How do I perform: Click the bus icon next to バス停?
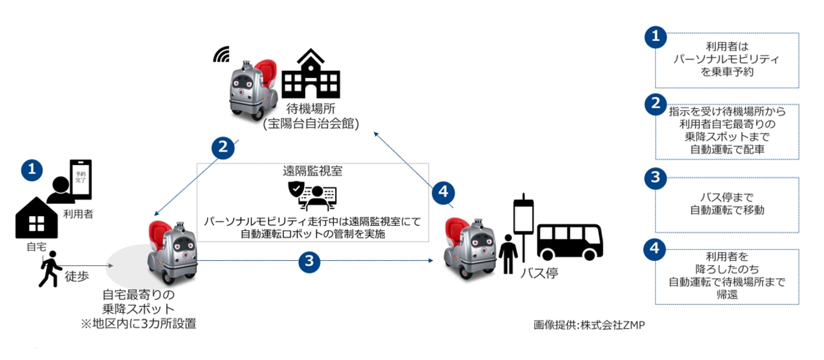click(569, 242)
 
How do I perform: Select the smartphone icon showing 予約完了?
click(81, 180)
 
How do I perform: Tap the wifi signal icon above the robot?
click(221, 54)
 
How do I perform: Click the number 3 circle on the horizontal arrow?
click(310, 260)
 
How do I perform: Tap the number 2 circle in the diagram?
click(223, 148)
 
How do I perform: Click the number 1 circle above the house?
click(32, 169)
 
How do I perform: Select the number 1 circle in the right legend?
click(654, 37)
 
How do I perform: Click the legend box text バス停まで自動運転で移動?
click(727, 203)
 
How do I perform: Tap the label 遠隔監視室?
click(312, 171)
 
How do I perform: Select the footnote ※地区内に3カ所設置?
click(138, 324)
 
